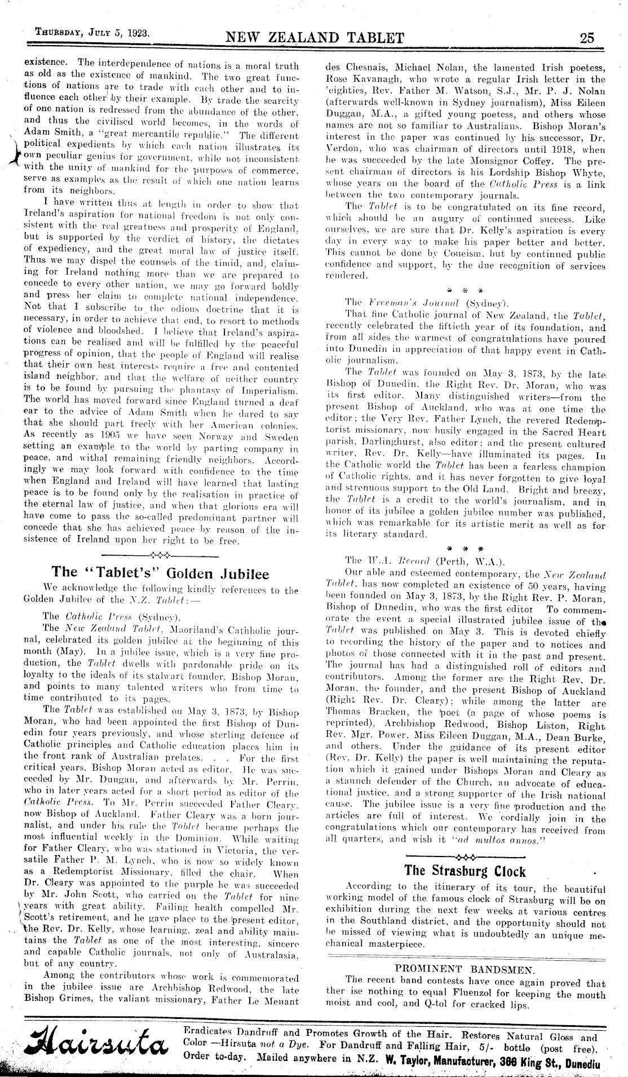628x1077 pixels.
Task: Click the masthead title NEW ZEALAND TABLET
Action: (315, 38)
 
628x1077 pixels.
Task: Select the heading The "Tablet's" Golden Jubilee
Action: (160, 573)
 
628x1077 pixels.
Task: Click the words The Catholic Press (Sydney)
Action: (110, 616)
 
